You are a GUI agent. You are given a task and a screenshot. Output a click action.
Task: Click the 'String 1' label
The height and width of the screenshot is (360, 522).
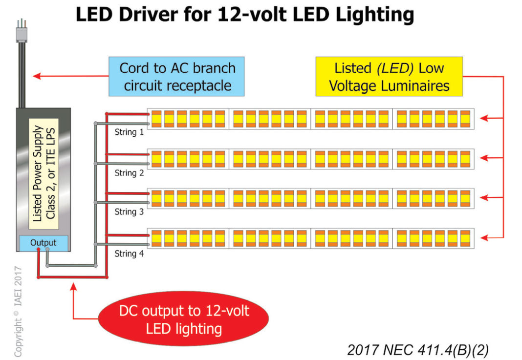129,132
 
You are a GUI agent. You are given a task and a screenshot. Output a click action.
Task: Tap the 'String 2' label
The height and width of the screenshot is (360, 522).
129,173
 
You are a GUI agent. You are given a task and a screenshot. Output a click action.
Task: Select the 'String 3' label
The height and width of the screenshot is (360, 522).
129,212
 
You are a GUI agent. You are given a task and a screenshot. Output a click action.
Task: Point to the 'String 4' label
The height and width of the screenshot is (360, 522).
129,254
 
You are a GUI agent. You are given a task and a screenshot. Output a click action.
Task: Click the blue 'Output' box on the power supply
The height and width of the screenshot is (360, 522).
43,242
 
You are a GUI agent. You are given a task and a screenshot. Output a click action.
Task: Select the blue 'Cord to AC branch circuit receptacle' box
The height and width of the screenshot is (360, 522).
177,77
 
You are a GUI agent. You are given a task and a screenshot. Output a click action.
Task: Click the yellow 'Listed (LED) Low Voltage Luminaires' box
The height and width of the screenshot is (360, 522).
389,77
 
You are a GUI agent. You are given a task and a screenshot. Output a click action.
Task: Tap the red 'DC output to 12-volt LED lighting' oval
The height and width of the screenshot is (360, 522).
184,319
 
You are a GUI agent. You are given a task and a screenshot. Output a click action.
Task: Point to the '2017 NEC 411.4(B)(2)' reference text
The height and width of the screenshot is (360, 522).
418,350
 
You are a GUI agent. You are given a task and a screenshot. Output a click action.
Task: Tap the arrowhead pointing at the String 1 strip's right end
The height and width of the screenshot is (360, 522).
483,118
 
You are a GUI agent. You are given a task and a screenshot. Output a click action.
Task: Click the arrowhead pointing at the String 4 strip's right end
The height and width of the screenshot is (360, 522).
483,238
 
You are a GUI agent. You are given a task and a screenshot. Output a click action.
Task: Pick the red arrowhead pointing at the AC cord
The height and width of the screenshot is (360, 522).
35,76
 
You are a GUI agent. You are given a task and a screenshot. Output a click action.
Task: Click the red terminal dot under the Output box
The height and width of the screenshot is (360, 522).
38,250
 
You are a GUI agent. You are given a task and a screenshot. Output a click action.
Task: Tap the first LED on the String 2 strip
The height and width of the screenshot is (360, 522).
156,158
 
